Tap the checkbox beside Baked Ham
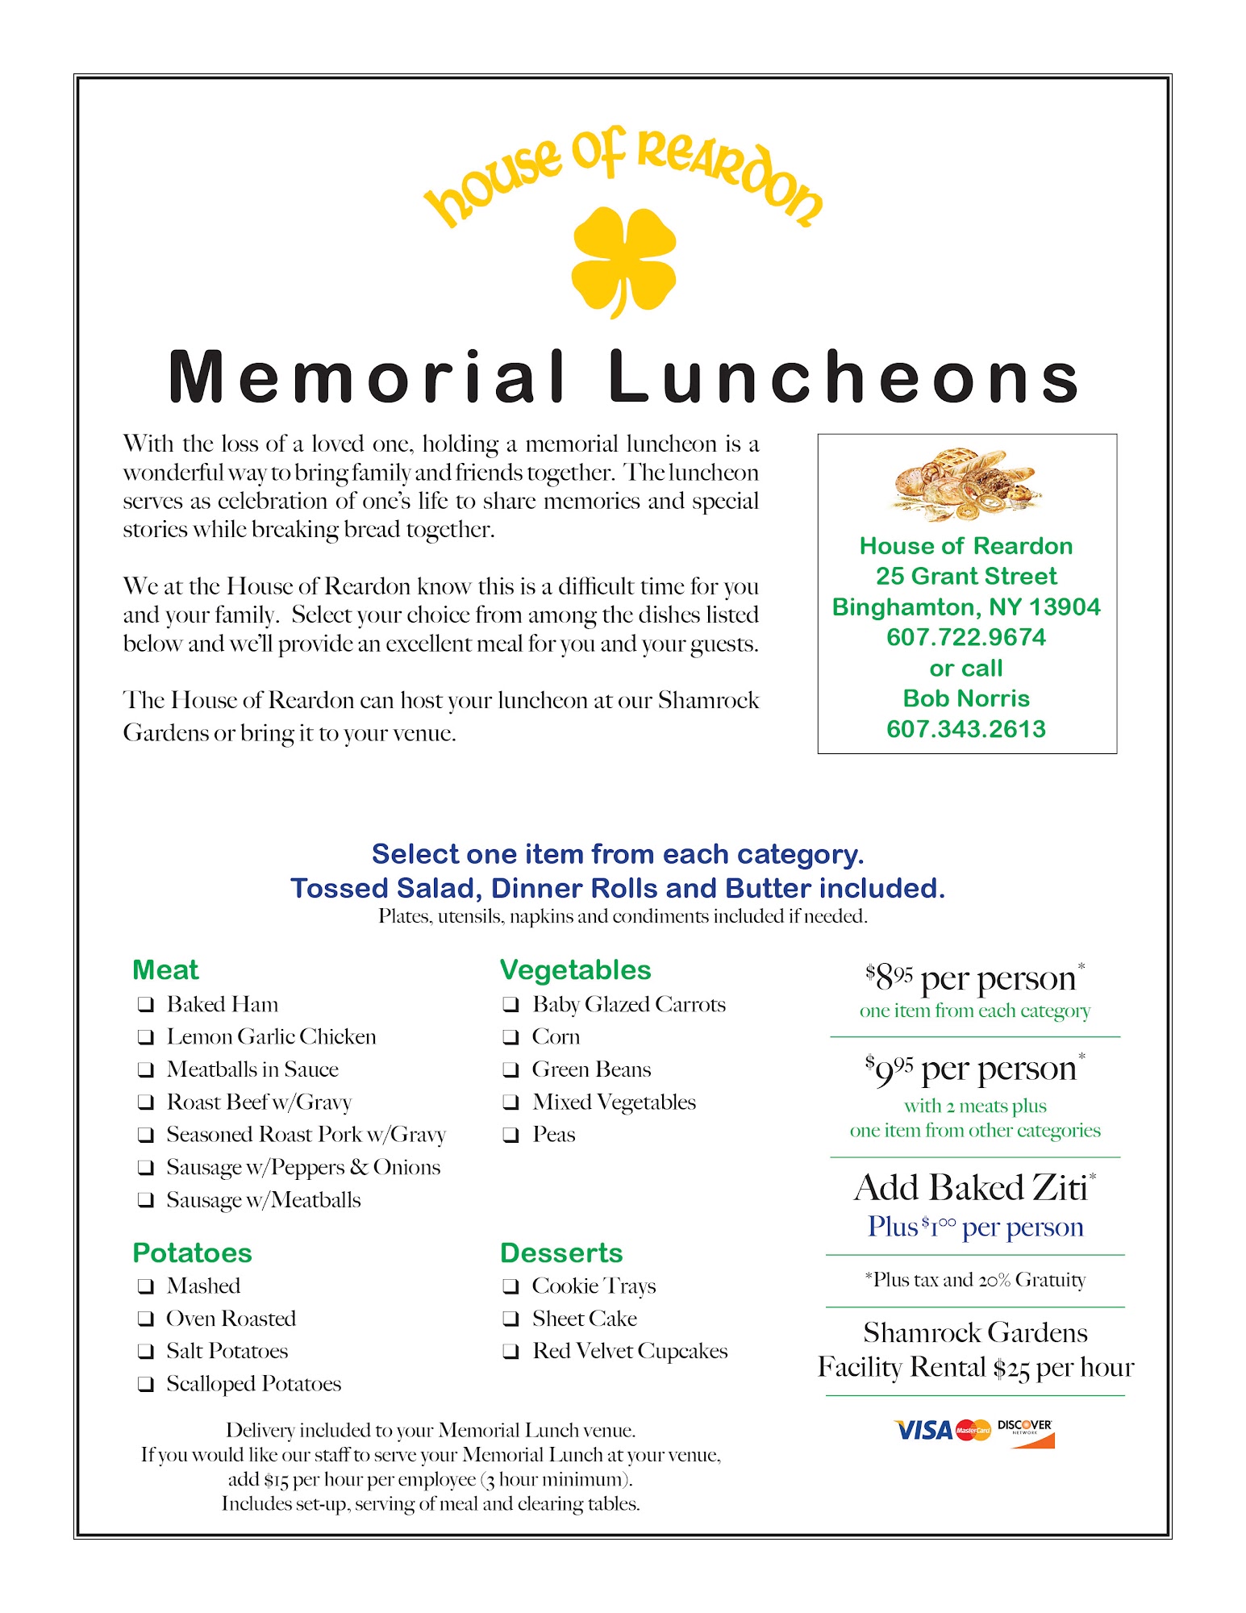pyautogui.click(x=146, y=1004)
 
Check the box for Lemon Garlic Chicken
pyautogui.click(x=146, y=1036)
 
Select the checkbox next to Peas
pyautogui.click(x=510, y=1135)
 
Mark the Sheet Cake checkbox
pyautogui.click(x=510, y=1319)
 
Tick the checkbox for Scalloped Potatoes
pyautogui.click(x=146, y=1384)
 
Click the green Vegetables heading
pyautogui.click(x=575, y=969)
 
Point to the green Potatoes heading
pyautogui.click(x=192, y=1252)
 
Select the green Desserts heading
pyautogui.click(x=561, y=1252)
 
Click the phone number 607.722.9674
pyautogui.click(x=966, y=637)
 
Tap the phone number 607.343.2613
pyautogui.click(x=966, y=729)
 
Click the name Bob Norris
pyautogui.click(x=966, y=698)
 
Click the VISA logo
pyautogui.click(x=924, y=1431)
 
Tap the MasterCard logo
pyautogui.click(x=973, y=1431)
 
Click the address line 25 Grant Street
pyautogui.click(x=966, y=576)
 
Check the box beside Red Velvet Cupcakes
pyautogui.click(x=510, y=1352)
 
